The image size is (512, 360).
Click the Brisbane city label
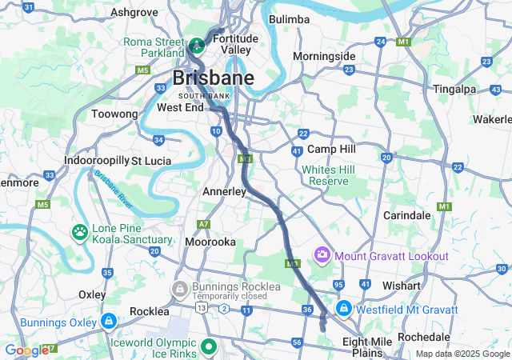click(214, 78)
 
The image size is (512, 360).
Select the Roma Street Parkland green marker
click(196, 42)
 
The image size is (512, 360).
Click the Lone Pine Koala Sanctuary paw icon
click(81, 233)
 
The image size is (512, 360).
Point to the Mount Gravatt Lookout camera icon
click(322, 255)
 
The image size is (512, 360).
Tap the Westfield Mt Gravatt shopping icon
click(343, 308)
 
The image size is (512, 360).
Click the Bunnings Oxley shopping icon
click(108, 322)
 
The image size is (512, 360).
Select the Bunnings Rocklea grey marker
click(180, 287)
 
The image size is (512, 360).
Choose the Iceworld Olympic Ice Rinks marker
click(209, 346)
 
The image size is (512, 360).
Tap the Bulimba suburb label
click(289, 19)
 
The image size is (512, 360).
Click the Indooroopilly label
click(97, 160)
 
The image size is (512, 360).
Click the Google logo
click(26, 350)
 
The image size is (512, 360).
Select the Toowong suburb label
click(114, 114)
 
